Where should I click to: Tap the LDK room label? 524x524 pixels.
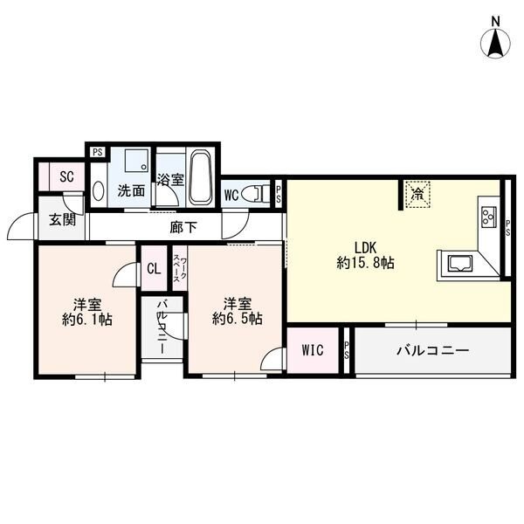(x=365, y=248)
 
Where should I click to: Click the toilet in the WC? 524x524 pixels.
(x=255, y=194)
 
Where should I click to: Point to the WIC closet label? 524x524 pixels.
(x=313, y=350)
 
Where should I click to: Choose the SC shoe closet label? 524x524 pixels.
(x=67, y=176)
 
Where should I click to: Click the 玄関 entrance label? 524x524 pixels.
(x=63, y=219)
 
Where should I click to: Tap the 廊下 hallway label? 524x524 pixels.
(x=183, y=228)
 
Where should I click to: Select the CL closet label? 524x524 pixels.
(x=154, y=268)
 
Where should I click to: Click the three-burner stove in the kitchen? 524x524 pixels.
(x=488, y=217)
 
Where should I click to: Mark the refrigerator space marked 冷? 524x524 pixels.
(x=417, y=194)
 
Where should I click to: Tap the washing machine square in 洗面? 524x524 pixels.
(x=136, y=161)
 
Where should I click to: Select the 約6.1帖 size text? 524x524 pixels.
(x=86, y=320)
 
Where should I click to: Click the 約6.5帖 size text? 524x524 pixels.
(x=237, y=319)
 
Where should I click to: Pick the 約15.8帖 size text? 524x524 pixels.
(x=365, y=263)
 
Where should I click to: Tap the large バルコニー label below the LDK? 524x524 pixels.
(x=433, y=350)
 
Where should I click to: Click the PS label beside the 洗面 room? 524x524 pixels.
(x=98, y=152)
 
